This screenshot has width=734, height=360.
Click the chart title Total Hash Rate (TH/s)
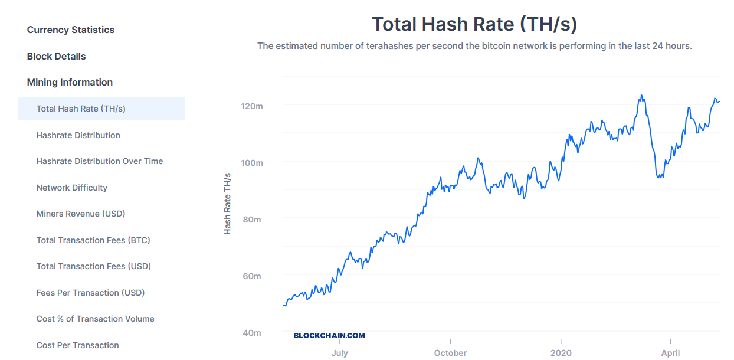click(x=474, y=24)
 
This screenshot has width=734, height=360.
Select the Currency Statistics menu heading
click(x=71, y=30)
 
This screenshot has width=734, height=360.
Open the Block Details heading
click(x=57, y=56)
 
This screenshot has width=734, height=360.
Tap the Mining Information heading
click(x=70, y=82)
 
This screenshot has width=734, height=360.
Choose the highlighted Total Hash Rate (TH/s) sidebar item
click(x=81, y=109)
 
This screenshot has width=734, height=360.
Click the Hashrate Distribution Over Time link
click(x=100, y=161)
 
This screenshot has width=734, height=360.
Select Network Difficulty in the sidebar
click(x=72, y=188)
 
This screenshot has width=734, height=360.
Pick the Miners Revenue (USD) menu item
click(x=81, y=214)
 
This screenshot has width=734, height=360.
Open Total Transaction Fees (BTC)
click(x=93, y=240)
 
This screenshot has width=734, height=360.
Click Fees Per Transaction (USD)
click(x=90, y=293)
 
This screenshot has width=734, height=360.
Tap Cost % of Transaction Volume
click(x=95, y=319)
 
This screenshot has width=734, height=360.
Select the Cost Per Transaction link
click(x=77, y=345)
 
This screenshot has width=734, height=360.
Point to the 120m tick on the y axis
click(x=251, y=106)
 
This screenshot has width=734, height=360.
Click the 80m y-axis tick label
click(x=251, y=220)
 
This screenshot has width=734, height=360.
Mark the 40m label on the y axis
click(x=251, y=333)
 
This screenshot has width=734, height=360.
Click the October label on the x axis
click(x=450, y=353)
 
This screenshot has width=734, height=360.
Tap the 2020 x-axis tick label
click(x=561, y=353)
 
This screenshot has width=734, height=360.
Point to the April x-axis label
click(x=670, y=353)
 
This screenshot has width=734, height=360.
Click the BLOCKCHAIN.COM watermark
click(x=329, y=335)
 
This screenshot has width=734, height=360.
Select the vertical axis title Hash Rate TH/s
click(x=227, y=204)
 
